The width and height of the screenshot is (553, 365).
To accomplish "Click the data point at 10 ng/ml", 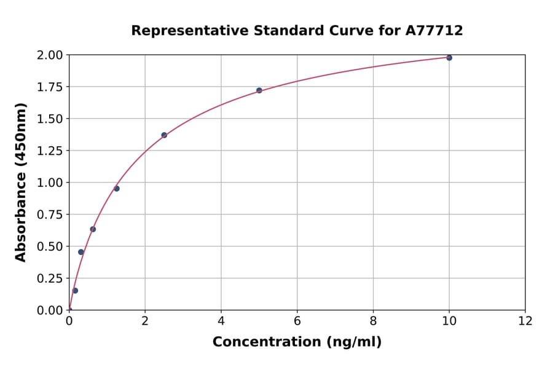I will [449, 58].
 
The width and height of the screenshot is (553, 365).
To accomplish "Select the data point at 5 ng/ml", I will [259, 90].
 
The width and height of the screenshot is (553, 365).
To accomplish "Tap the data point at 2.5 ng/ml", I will [164, 135].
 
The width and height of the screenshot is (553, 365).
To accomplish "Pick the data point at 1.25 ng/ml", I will [117, 189].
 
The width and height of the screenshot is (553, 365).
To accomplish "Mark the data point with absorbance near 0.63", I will [93, 229].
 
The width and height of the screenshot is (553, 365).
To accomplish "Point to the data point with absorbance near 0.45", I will [81, 252].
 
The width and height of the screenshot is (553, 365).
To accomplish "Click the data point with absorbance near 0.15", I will [75, 291].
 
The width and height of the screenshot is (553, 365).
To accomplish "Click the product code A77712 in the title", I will [434, 30].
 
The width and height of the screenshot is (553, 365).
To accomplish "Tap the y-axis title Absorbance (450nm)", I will [21, 182].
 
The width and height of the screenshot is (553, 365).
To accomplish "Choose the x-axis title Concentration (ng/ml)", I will [297, 342].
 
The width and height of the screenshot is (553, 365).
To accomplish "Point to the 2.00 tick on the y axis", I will [50, 55].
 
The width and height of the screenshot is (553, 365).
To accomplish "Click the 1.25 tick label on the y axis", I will [50, 151].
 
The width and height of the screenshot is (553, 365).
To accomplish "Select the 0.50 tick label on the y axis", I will [50, 246].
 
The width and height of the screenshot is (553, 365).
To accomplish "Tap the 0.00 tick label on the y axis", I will [50, 310].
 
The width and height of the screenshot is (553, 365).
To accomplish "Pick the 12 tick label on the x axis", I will [525, 321].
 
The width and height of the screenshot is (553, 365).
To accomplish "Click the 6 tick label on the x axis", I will [297, 321].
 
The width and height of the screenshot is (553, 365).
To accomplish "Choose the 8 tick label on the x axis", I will [374, 321].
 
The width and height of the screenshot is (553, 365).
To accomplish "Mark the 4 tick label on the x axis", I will [221, 321].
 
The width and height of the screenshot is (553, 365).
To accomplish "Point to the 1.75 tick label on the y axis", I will [50, 87].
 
